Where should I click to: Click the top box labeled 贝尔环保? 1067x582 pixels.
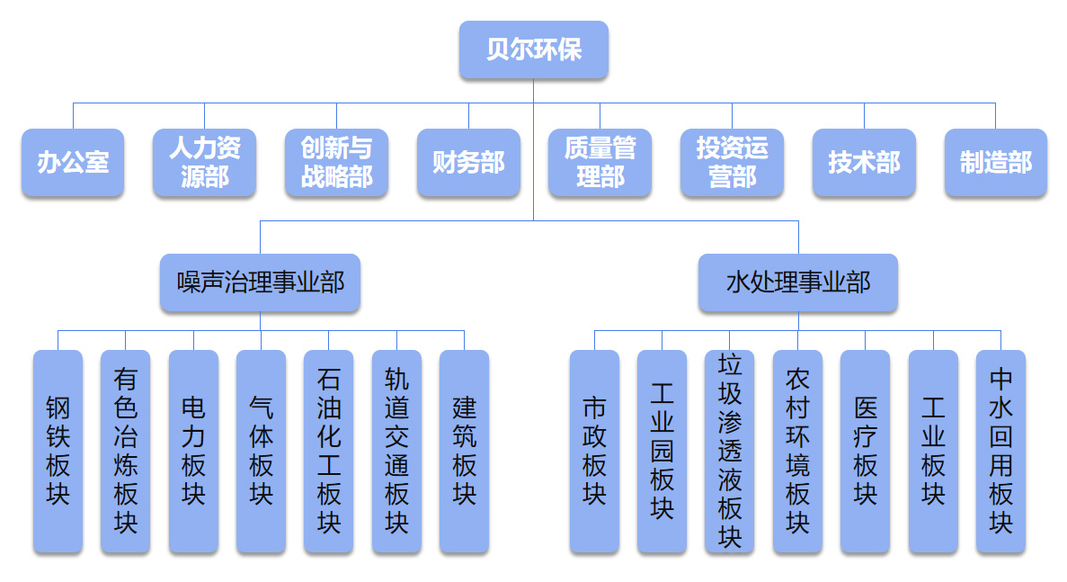[x=534, y=49]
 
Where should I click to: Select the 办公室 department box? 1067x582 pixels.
[x=73, y=163]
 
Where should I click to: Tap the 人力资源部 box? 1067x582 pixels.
[x=205, y=163]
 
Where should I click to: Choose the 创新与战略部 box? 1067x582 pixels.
[x=337, y=163]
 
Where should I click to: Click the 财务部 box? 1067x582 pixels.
[x=468, y=163]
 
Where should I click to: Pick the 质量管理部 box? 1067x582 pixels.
[x=600, y=163]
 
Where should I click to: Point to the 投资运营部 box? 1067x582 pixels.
[x=732, y=163]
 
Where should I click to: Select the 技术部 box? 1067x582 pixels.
[x=864, y=163]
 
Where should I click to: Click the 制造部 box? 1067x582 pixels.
[x=995, y=163]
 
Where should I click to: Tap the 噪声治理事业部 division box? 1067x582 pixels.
[x=261, y=282]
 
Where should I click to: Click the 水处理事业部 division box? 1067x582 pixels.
[x=798, y=282]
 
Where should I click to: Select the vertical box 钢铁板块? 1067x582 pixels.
[x=58, y=451]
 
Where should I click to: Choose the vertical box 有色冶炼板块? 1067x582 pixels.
[x=125, y=451]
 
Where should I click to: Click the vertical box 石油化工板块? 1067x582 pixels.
[x=328, y=451]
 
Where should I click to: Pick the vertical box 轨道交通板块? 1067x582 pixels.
[x=396, y=451]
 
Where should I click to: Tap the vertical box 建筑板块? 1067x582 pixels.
[x=464, y=451]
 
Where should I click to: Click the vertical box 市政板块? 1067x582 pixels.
[x=594, y=451]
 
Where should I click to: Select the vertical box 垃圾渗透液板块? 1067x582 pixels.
[x=730, y=451]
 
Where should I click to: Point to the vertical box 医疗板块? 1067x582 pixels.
[x=865, y=451]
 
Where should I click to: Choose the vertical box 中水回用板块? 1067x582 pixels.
[x=1000, y=451]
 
